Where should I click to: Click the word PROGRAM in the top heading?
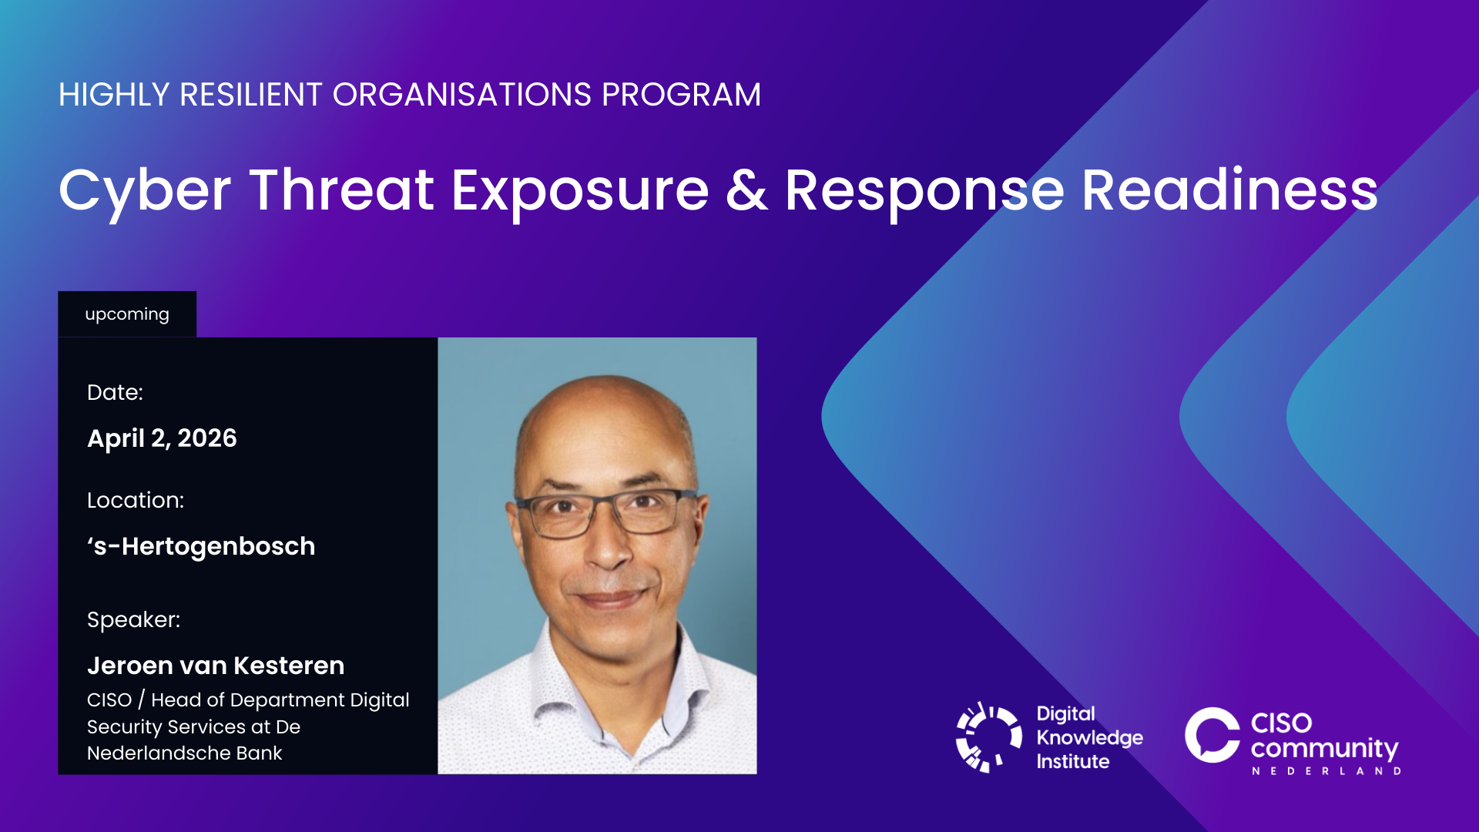[x=681, y=95]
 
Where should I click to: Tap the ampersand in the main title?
[x=746, y=190]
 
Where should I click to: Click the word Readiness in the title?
[x=1229, y=190]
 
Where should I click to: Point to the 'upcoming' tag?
[x=127, y=314]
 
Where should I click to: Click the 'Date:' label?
[x=115, y=392]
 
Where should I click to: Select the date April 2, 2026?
[x=162, y=438]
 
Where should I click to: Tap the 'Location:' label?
[x=136, y=500]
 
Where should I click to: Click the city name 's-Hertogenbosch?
[x=201, y=546]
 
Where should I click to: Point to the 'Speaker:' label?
[x=133, y=620]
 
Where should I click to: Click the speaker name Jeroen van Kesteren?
[x=216, y=666]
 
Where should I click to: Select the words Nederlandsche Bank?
[x=185, y=753]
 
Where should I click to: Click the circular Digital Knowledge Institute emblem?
[x=988, y=737]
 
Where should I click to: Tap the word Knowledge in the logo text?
[x=1089, y=738]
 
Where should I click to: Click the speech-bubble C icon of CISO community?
[x=1212, y=735]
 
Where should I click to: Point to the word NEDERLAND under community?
[x=1326, y=770]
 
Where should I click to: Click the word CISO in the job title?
[x=109, y=700]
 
